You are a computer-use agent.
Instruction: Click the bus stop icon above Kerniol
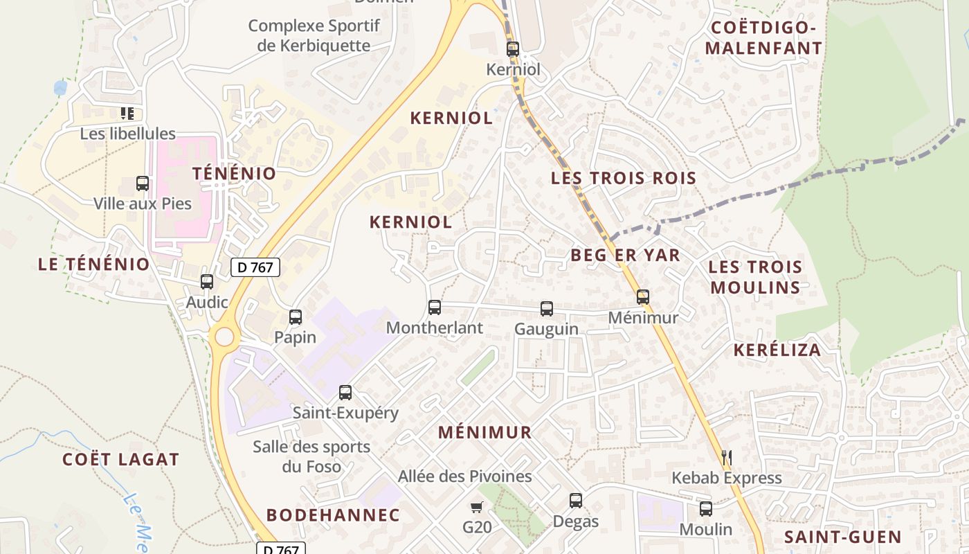[x=513, y=49]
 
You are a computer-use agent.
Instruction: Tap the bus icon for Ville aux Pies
[x=143, y=184]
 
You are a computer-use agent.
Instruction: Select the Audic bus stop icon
[x=207, y=282]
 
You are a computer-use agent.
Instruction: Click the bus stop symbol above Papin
[x=296, y=318]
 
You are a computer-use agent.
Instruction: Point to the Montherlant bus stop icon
[x=435, y=307]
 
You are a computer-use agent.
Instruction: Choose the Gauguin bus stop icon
[x=547, y=309]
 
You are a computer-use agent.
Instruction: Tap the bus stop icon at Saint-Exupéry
[x=345, y=393]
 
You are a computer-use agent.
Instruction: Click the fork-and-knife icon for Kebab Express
[x=727, y=457]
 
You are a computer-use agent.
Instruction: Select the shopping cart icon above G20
[x=476, y=508]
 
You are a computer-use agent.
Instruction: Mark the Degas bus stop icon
[x=576, y=501]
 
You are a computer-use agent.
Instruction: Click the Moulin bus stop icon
[x=706, y=509]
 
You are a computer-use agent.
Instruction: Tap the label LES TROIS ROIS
[x=623, y=178]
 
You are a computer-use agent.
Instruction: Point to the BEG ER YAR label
[x=625, y=256]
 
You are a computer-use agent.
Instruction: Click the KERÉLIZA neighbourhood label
[x=777, y=350]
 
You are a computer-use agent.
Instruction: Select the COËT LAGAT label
[x=120, y=459]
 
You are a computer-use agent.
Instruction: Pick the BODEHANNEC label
[x=333, y=515]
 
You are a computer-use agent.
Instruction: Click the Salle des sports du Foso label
[x=311, y=456]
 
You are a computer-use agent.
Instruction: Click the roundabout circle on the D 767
[x=224, y=337]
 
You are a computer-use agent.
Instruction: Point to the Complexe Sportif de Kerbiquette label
[x=314, y=36]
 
